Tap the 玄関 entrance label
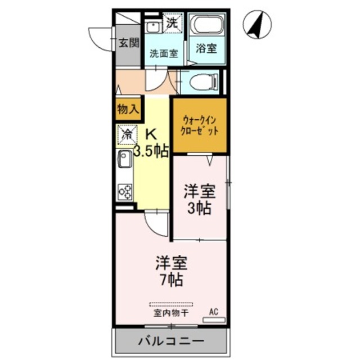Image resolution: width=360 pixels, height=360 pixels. (x=128, y=43)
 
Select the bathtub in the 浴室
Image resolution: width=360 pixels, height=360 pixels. (x=207, y=26)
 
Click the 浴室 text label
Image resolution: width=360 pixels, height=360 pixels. (x=206, y=49)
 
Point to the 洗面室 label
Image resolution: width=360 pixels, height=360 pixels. (x=163, y=54)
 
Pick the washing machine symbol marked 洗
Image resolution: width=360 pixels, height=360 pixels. (x=174, y=24)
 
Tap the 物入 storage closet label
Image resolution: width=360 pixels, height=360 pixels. (x=129, y=109)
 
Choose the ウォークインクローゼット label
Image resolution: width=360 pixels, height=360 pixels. (x=200, y=125)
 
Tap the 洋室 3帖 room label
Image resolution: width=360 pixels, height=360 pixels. (x=199, y=200)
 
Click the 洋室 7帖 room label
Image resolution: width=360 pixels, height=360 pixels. (x=171, y=270)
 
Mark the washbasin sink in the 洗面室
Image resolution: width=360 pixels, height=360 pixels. (x=152, y=28)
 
